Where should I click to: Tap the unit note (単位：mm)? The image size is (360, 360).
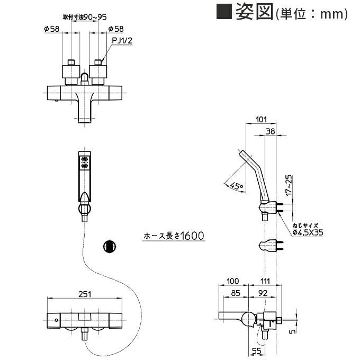pyautogui.click(x=311, y=14)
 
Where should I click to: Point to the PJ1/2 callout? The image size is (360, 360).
pyautogui.click(x=122, y=39)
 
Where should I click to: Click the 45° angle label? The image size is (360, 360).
pyautogui.click(x=237, y=186)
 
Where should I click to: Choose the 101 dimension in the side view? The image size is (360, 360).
pyautogui.click(x=260, y=120)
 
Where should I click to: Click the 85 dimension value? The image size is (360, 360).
pyautogui.click(x=235, y=292)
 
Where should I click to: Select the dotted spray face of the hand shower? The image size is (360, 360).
pyautogui.click(x=84, y=161)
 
